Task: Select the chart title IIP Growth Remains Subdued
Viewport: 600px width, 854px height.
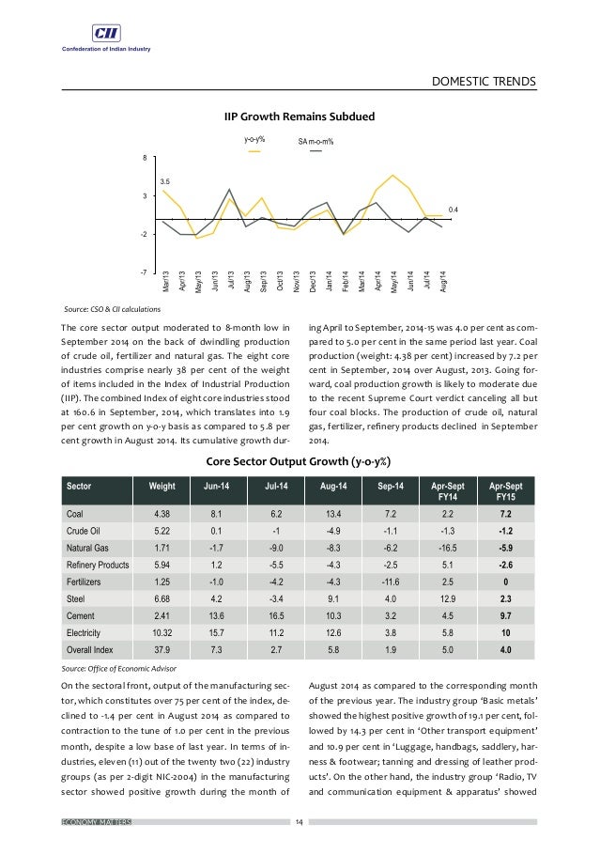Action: pos(299,116)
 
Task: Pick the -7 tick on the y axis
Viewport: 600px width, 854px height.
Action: pos(145,272)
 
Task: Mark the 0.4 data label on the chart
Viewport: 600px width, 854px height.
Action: pos(453,208)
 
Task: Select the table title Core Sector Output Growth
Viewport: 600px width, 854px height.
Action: pos(299,461)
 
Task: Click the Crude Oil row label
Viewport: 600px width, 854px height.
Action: pos(86,532)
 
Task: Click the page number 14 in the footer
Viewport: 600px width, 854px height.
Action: pos(300,823)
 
